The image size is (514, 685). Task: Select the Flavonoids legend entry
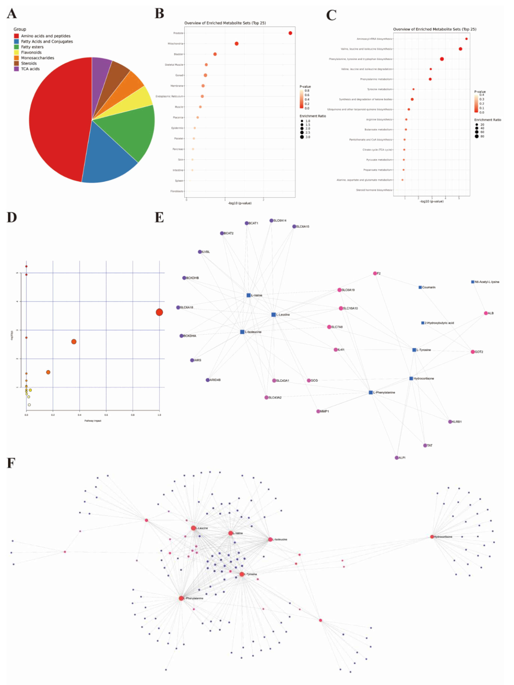tap(31, 52)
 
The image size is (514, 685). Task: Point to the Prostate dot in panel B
tap(290, 33)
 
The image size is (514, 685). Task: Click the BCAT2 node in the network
tap(222, 233)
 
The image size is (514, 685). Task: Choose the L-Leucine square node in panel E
tap(273, 315)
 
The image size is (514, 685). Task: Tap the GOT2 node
tap(472, 352)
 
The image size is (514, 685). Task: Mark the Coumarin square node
tap(420, 287)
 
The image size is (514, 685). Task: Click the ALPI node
tap(397, 458)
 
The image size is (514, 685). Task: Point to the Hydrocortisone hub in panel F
tap(432, 537)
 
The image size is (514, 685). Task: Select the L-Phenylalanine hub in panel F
tap(181, 598)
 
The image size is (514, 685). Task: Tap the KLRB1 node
tap(450, 422)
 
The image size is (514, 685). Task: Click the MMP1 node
tap(318, 411)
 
